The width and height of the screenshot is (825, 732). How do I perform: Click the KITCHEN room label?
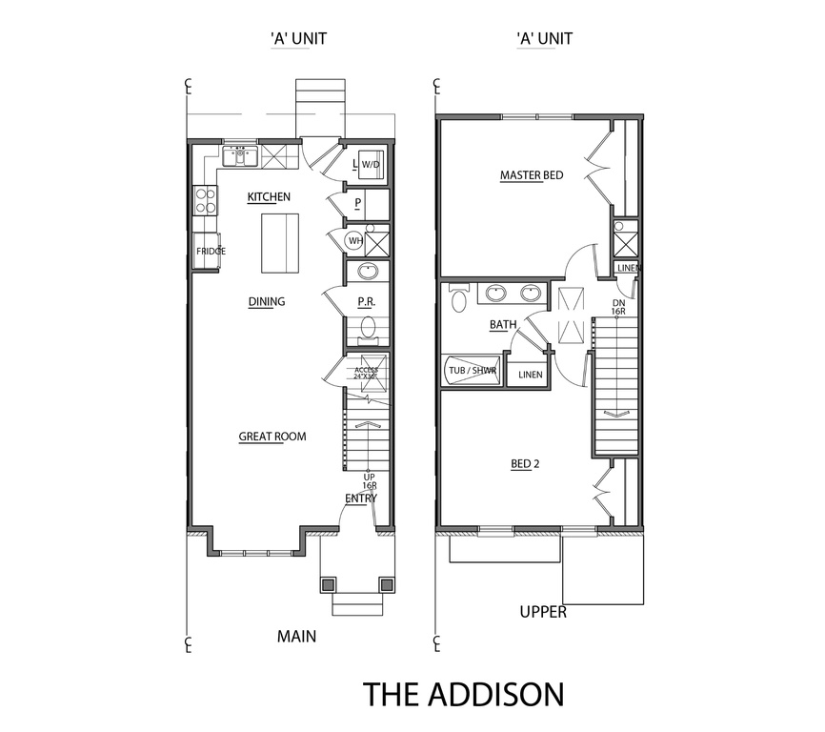click(269, 196)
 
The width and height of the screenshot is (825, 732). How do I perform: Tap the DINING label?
click(267, 301)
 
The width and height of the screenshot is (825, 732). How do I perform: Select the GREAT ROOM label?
click(272, 437)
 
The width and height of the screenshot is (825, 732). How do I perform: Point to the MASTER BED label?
click(532, 175)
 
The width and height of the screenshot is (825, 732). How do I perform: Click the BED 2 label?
click(525, 463)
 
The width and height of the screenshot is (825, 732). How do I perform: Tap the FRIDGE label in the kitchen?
click(211, 252)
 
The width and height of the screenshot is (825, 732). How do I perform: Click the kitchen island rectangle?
click(280, 243)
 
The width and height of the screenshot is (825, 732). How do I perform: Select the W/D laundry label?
click(371, 165)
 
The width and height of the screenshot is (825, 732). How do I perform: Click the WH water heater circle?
click(355, 241)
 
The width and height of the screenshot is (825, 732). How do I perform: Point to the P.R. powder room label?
click(366, 302)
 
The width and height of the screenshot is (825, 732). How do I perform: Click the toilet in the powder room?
click(368, 330)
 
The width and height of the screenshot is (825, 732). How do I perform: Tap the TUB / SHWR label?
click(473, 371)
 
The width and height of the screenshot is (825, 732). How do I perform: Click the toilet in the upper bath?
click(460, 298)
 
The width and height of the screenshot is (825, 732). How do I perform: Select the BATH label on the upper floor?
click(503, 325)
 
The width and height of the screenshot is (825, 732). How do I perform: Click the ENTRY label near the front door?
click(361, 498)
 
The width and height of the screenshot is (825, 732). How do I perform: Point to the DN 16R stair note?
click(618, 307)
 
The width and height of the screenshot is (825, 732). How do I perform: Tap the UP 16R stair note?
click(370, 481)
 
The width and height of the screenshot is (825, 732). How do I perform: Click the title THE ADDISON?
click(464, 694)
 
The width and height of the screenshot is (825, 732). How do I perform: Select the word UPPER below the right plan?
click(543, 612)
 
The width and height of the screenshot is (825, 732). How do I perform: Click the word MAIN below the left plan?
click(296, 637)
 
